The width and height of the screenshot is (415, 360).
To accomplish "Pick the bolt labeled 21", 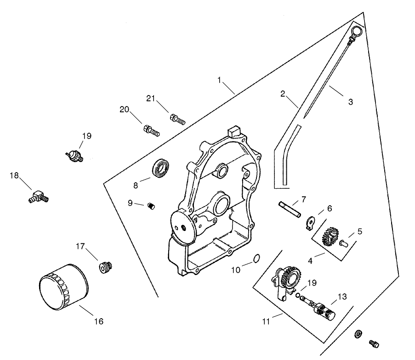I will coord(177,120).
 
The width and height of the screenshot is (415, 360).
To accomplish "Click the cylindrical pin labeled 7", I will coord(290,208).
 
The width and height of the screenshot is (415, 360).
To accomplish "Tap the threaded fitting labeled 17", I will coord(106,266).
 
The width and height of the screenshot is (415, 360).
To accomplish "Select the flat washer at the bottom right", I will coord(358,334).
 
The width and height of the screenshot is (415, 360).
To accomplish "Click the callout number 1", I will coord(220,80).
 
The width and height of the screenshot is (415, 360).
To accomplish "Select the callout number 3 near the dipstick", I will coord(350,102).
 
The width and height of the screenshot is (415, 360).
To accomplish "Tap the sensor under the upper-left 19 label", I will coord(75,155).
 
